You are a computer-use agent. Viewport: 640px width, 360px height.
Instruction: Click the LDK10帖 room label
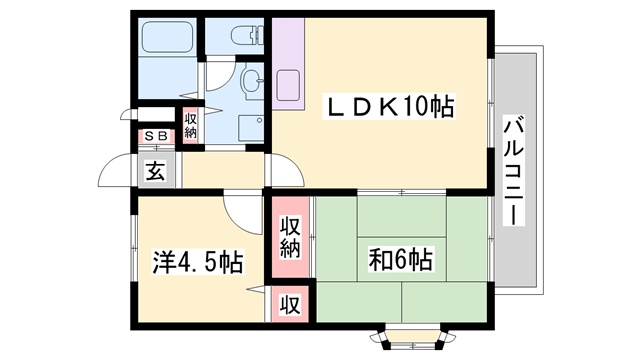[389, 106]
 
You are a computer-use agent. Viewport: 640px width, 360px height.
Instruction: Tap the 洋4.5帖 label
[198, 262]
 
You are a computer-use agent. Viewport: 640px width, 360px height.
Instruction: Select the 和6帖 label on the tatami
[400, 259]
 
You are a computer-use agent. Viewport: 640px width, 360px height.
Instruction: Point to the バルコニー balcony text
[514, 170]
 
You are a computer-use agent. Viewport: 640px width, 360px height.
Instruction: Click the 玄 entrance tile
[157, 170]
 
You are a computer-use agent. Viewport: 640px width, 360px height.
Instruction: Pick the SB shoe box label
[157, 136]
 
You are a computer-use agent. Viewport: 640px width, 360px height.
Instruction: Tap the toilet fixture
[248, 36]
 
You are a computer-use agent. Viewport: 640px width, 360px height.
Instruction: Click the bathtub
[167, 37]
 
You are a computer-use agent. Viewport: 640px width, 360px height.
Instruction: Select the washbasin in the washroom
[253, 82]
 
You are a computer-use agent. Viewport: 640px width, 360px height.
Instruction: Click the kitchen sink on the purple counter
[288, 86]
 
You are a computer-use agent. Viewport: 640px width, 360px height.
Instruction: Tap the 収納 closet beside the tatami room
[290, 238]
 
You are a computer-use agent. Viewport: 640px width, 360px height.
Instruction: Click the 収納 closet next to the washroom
[190, 125]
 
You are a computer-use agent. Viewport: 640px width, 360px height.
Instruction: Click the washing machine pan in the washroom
[251, 129]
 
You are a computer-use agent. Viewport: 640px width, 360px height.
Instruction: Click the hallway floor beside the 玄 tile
[222, 170]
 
